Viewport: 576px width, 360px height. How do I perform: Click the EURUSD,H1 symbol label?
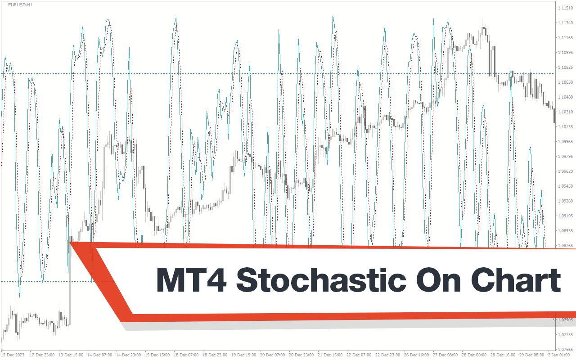[x=20, y=5]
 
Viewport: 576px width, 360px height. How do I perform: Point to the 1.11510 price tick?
[x=566, y=8]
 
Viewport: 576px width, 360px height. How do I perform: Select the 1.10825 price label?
[x=566, y=67]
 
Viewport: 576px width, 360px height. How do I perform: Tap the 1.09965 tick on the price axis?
[x=566, y=142]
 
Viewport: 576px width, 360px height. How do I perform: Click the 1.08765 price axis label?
[x=566, y=246]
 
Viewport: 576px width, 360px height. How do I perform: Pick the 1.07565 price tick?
[x=566, y=350]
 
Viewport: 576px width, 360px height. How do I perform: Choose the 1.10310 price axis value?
[x=566, y=112]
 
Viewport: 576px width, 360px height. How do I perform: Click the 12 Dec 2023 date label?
[x=13, y=355]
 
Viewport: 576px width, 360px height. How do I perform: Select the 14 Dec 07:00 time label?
[x=100, y=355]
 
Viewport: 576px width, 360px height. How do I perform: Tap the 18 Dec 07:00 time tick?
[x=186, y=355]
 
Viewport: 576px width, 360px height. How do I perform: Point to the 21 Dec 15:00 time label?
[x=330, y=355]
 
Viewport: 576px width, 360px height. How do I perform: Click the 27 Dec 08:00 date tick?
[x=445, y=355]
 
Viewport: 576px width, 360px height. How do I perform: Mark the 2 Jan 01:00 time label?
[x=559, y=355]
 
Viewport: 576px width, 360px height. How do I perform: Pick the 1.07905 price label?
[x=566, y=320]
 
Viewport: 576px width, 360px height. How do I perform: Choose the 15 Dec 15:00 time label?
[x=157, y=355]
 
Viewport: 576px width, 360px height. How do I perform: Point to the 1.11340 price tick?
[x=566, y=23]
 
